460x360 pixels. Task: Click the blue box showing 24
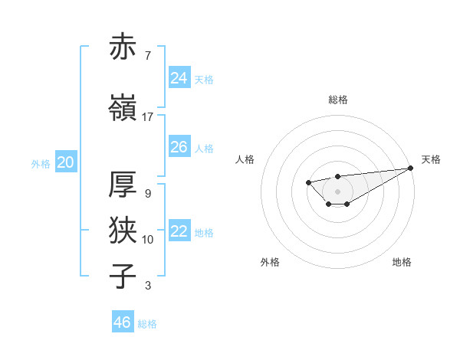[x=179, y=78]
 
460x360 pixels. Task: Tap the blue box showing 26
[x=179, y=147]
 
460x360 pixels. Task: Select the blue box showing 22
[x=179, y=231]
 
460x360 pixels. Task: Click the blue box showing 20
[x=66, y=162]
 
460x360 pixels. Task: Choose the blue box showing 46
[x=123, y=322]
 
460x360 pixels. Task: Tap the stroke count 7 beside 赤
[x=147, y=56]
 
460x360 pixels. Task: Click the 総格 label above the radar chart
[x=337, y=100]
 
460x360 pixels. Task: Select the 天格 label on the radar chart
[x=431, y=159]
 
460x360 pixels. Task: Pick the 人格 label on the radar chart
[x=245, y=159]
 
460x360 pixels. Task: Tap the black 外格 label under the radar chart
[x=270, y=262]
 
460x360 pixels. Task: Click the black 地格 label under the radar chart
[x=402, y=262]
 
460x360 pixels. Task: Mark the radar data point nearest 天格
[x=412, y=168]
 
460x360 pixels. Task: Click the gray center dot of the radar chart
[x=337, y=191]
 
